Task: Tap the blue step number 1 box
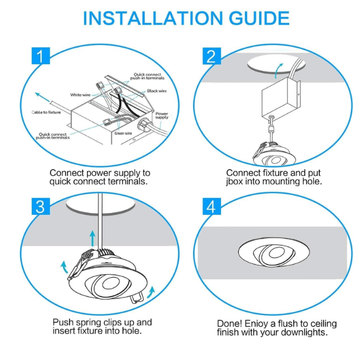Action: pyautogui.click(x=40, y=57)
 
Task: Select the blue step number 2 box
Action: pyautogui.click(x=211, y=57)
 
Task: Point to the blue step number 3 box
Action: pyautogui.click(x=40, y=206)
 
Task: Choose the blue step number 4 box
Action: pyautogui.click(x=211, y=206)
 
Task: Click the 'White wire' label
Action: pyautogui.click(x=80, y=95)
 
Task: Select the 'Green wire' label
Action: pyautogui.click(x=123, y=133)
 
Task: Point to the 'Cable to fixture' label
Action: pyautogui.click(x=46, y=112)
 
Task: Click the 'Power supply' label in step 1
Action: pyautogui.click(x=162, y=115)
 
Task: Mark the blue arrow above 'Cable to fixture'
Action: pyautogui.click(x=42, y=96)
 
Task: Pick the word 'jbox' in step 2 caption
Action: pyautogui.click(x=236, y=181)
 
